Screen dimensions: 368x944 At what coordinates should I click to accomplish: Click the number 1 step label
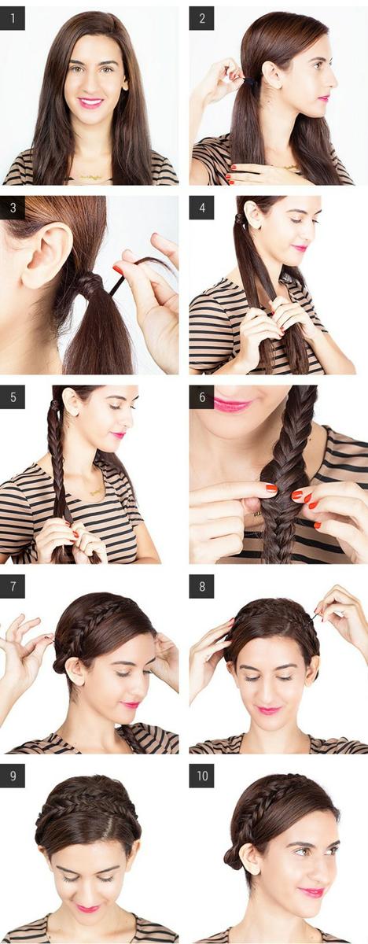coord(13,18)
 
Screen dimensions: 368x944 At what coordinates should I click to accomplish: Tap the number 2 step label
coord(201,18)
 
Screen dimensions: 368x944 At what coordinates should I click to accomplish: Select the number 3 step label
coord(13,208)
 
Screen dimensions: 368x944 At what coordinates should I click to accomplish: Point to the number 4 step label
coord(201,208)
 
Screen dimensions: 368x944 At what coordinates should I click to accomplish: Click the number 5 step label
coord(13,397)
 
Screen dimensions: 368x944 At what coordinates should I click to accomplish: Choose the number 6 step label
coord(201,397)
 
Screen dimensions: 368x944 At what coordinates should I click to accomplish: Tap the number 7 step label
coord(13,586)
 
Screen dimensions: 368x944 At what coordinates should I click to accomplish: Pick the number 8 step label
coord(201,586)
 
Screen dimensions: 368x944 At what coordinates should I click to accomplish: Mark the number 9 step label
coord(13,776)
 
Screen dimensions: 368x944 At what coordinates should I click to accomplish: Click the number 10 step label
coord(201,776)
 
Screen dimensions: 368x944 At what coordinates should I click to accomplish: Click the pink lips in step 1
coord(90,102)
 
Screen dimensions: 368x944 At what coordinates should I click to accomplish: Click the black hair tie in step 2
coord(252,80)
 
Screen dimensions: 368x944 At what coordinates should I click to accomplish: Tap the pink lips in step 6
coord(233,404)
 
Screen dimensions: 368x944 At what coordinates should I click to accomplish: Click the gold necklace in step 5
coord(97,492)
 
